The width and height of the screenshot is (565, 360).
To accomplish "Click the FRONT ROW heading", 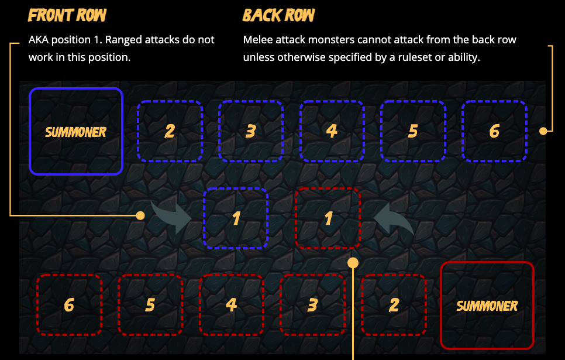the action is click(x=67, y=15).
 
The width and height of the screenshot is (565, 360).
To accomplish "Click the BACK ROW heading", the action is click(x=278, y=15).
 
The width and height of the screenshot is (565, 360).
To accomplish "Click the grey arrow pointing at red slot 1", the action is click(x=393, y=218).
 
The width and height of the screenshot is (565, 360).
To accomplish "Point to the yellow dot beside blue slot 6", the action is click(x=543, y=131).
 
